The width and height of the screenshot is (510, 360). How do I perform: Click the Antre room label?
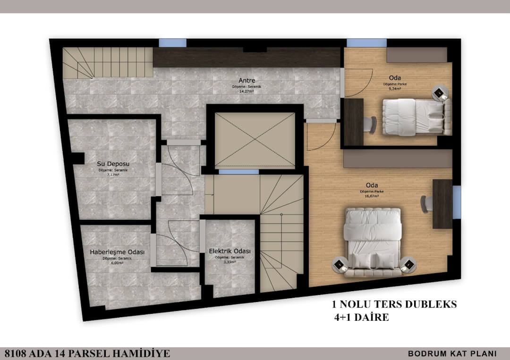247,81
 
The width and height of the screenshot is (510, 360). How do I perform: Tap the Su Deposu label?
113,164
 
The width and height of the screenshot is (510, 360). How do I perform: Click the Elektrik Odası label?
229,251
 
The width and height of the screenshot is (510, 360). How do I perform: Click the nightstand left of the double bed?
340,264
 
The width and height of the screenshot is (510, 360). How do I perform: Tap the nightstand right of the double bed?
408,264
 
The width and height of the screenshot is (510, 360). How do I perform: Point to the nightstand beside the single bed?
440,93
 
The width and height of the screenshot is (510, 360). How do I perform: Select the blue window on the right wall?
457,202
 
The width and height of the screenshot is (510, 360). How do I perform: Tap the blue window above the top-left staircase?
172,43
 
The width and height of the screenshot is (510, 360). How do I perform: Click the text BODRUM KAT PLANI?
452,353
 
